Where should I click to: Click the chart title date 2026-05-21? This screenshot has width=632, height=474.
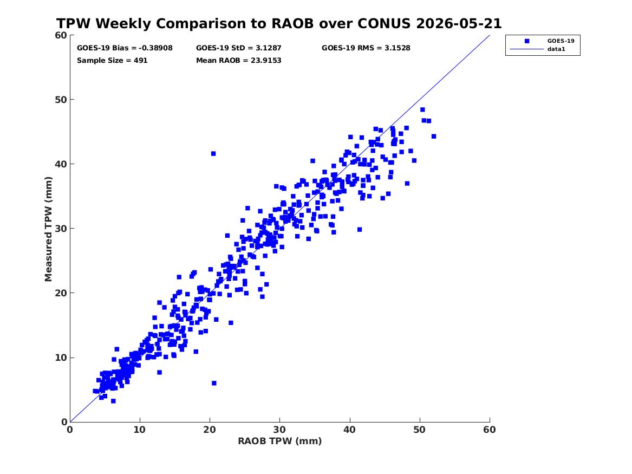tap(459, 24)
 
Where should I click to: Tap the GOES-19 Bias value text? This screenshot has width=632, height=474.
tap(125, 48)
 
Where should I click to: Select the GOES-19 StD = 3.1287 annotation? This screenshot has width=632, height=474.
tap(239, 48)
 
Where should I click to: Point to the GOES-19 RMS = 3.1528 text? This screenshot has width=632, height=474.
tap(366, 48)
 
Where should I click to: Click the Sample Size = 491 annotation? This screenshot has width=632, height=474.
tap(112, 61)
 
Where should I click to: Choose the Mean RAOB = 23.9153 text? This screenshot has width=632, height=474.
tap(239, 61)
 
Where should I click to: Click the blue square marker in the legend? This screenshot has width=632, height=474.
tap(527, 41)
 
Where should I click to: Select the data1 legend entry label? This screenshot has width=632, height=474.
tap(556, 49)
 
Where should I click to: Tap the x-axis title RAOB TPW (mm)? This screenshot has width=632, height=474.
tap(280, 441)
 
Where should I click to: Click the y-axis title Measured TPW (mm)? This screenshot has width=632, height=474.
tap(48, 229)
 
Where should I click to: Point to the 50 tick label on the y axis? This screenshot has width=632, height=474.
tap(61, 100)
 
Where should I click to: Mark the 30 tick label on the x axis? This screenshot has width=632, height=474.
tap(280, 430)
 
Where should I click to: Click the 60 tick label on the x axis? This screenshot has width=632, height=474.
tap(490, 430)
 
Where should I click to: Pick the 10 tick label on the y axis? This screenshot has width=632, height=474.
tap(61, 358)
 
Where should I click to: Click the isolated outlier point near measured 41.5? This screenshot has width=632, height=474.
tap(213, 153)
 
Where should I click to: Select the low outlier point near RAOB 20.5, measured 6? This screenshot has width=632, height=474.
tap(214, 383)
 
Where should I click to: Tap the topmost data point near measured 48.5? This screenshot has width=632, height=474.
tap(422, 109)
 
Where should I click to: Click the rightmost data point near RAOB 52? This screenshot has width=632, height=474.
tap(434, 137)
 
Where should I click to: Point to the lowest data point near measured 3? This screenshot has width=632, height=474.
tap(113, 401)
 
